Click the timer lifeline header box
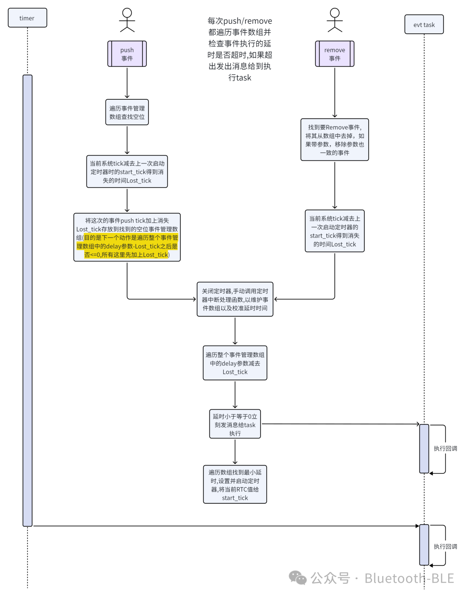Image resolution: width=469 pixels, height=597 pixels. pos(27,18)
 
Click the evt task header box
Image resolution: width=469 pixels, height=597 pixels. pos(424,25)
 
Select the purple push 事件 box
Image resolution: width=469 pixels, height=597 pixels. pos(127,54)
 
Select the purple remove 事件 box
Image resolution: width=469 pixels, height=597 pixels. pos(334,54)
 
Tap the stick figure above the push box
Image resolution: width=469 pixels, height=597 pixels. pos(127,20)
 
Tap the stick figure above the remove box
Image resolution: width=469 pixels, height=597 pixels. pos(334,20)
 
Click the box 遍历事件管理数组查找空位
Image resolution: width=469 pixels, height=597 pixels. pos(127,112)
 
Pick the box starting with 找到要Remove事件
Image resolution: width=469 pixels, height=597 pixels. pos(334,140)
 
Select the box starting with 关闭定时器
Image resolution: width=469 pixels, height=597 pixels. pos(235,299)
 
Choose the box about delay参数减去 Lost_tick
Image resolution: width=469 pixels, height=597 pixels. pos(235,363)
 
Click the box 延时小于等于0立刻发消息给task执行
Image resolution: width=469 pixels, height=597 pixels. pos(235,424)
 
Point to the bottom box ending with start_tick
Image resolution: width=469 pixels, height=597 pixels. pos(235,484)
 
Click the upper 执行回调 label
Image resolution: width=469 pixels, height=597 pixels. pos(445,448)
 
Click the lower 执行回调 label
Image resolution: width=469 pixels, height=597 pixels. pos(445,546)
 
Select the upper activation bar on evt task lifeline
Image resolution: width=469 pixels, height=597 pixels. pos(424,448)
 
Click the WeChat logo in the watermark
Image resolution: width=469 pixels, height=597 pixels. pos(298,577)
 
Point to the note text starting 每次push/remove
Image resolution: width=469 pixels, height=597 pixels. pos(240,49)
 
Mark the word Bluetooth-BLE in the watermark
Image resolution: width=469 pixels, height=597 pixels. pos(409,578)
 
